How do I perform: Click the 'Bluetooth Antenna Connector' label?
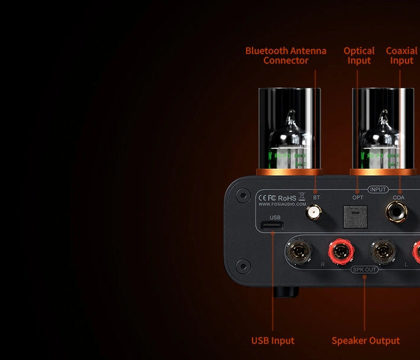pos(285,56)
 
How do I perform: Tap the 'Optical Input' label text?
pos(359,56)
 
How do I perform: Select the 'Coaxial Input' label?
pos(401,56)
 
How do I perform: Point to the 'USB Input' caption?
pos(272,341)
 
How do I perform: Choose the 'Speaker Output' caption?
pos(365,341)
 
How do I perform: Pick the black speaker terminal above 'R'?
pos(298,250)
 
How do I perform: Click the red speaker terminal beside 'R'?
pos(340,251)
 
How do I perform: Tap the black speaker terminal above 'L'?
pos(382,251)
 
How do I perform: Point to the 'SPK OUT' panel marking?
pos(364,269)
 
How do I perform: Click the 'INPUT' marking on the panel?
pos(378,190)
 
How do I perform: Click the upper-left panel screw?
pos(242,195)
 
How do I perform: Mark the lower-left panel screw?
pos(242,265)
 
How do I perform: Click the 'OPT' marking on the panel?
pos(358,197)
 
